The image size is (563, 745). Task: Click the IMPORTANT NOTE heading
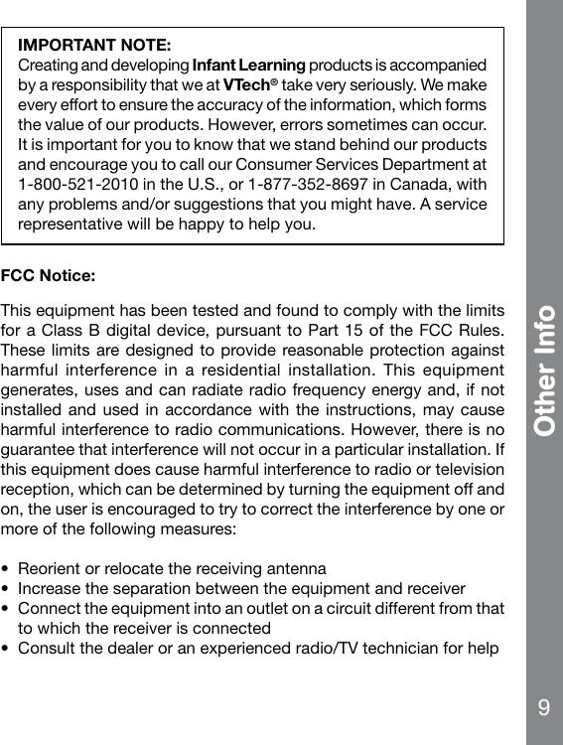coord(95,46)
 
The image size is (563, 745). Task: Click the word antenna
coord(297,569)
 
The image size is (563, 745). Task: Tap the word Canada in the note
coord(425,184)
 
